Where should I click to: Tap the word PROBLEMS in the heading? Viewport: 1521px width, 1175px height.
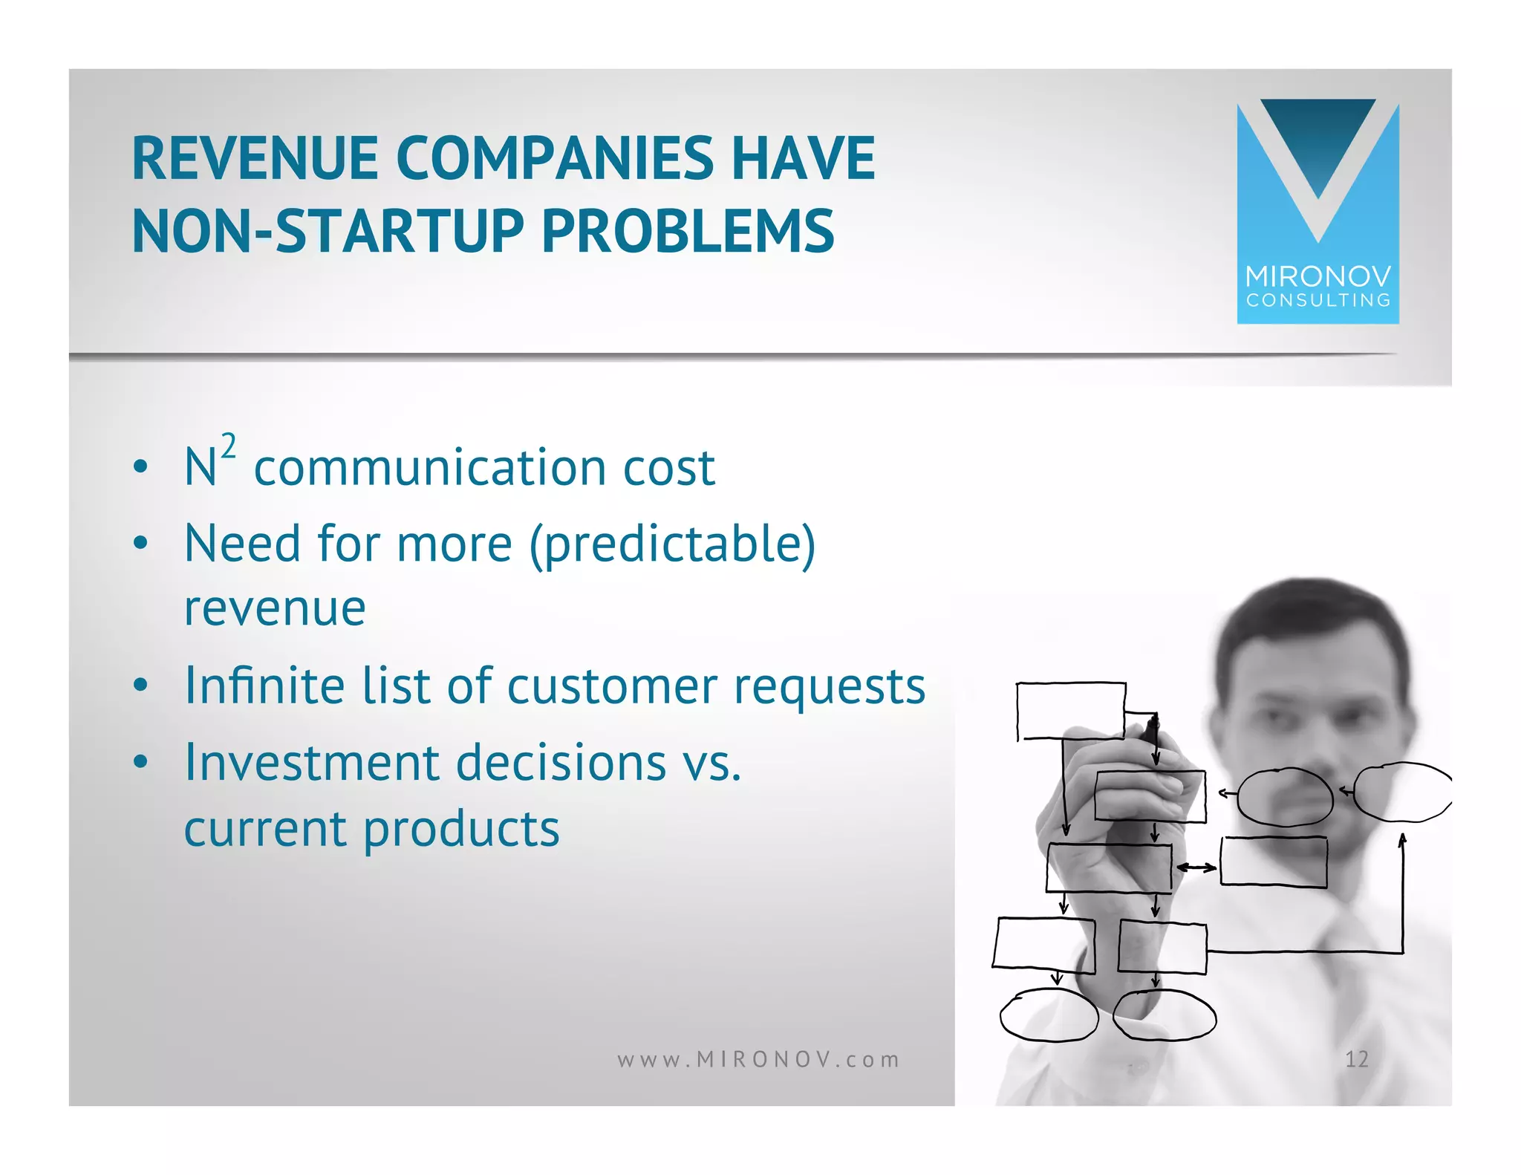click(x=687, y=231)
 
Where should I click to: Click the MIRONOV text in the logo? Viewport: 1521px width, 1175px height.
click(x=1318, y=277)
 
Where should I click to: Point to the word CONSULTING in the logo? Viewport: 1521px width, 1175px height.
click(x=1318, y=300)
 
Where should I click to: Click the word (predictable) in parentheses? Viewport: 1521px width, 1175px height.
click(x=672, y=544)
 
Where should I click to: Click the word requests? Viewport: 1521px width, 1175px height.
click(x=830, y=686)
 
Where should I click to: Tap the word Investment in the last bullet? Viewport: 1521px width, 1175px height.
click(x=312, y=763)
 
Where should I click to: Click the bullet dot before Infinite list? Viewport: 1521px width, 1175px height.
click(x=140, y=686)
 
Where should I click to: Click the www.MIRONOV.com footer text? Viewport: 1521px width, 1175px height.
click(x=758, y=1059)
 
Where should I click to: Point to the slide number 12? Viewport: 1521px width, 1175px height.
click(x=1356, y=1059)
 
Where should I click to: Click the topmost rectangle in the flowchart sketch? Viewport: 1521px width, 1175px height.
click(x=1070, y=711)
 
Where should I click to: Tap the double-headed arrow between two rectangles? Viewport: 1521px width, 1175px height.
click(x=1196, y=867)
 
